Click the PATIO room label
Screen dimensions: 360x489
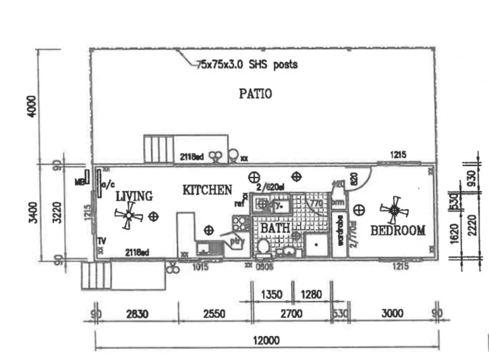tap(256, 94)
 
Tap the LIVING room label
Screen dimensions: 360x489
tap(134, 196)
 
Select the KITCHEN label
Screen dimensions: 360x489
tap(207, 190)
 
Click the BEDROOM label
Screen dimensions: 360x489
tap(398, 231)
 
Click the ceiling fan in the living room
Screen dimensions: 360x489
tap(127, 215)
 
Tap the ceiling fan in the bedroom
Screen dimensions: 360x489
tap(394, 210)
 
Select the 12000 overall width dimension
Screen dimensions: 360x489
tap(266, 341)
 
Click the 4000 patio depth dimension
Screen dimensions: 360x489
tap(33, 106)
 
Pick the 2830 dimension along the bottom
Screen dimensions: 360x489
tap(138, 314)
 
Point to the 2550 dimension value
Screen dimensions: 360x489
tap(214, 314)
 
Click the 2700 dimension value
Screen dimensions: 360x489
tap(291, 314)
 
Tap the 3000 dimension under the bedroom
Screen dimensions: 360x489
tap(392, 314)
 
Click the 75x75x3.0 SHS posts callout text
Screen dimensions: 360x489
tap(247, 65)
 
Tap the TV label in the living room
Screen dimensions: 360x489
tap(101, 241)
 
